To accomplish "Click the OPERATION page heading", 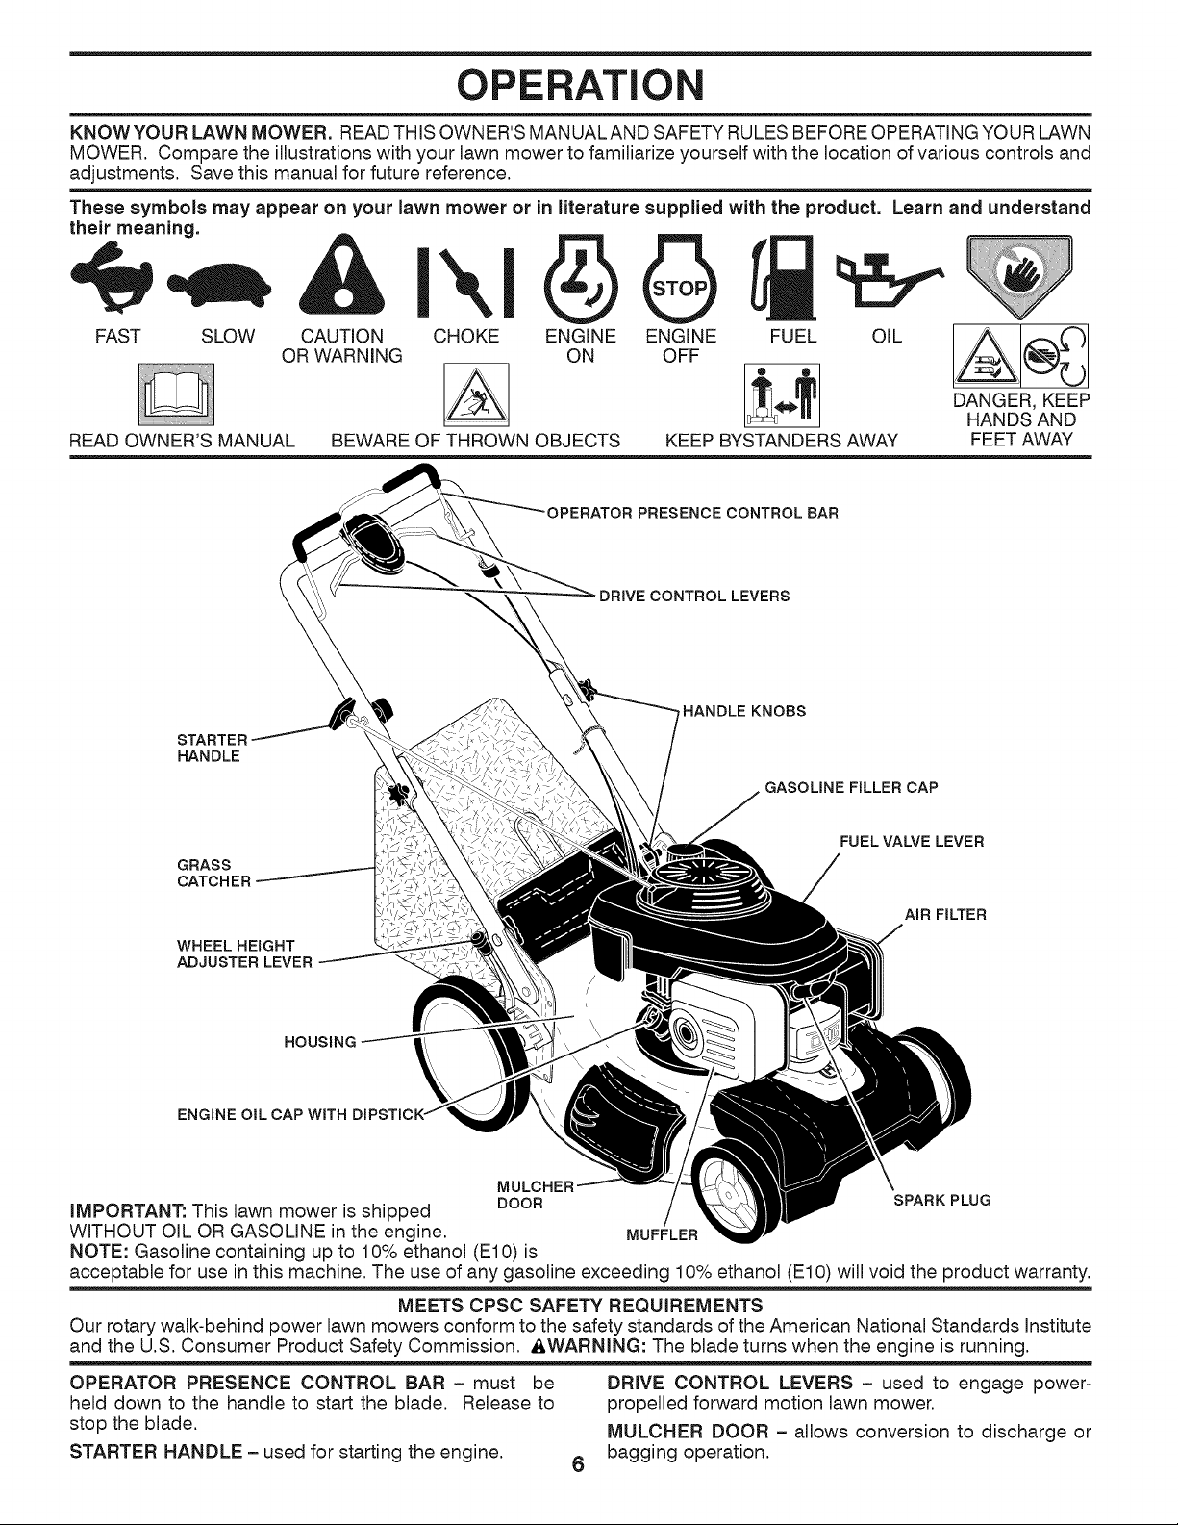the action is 580,85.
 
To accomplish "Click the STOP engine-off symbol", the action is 680,279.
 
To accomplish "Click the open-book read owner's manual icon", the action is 177,395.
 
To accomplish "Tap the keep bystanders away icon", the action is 782,395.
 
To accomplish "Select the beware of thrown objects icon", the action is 477,394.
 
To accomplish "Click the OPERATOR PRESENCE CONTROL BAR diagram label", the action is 692,513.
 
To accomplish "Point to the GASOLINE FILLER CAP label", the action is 851,787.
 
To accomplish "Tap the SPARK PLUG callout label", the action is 941,1200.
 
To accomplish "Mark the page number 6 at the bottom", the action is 577,1465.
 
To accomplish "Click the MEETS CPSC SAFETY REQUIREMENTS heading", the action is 580,1306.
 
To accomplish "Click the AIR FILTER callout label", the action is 945,914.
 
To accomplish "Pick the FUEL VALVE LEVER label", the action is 912,841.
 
